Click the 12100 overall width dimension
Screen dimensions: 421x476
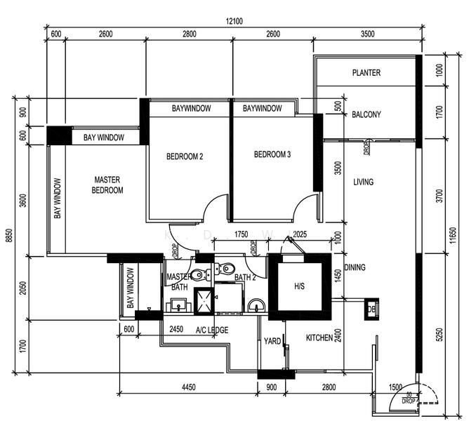coord(234,22)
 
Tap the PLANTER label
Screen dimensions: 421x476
coord(366,73)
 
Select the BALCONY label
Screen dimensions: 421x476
coord(366,115)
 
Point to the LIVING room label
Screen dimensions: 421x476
coord(363,182)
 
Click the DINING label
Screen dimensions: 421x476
coord(355,267)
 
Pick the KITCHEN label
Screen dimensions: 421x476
coord(319,338)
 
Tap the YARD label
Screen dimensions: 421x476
coord(272,342)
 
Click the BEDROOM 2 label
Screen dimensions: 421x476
coord(185,156)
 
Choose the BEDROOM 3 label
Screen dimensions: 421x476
coord(272,155)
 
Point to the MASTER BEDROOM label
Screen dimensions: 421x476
coord(108,185)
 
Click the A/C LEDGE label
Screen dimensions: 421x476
coord(211,330)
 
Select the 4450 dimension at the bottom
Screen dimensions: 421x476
coord(189,387)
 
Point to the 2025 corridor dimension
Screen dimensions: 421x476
coord(299,234)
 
